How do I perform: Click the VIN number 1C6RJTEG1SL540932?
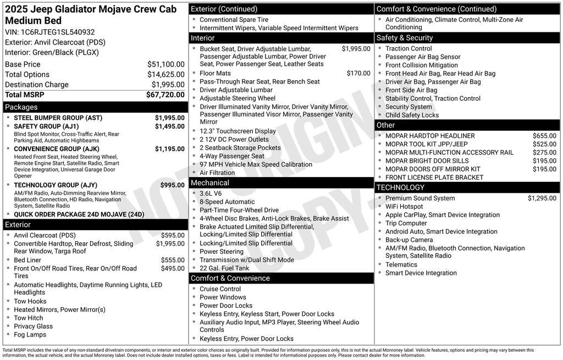pos(58,32)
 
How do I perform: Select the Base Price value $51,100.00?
pos(165,64)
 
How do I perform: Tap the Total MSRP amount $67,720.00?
pos(165,95)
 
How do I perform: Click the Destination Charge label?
pos(37,85)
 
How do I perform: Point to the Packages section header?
pos(21,107)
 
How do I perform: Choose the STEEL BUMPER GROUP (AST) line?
pos(58,118)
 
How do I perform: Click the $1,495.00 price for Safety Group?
pos(169,126)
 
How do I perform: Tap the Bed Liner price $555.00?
pos(173,261)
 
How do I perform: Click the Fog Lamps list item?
pos(30,335)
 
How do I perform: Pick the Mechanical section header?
pos(210,183)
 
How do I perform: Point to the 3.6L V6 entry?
pos(211,193)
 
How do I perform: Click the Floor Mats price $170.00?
pos(358,73)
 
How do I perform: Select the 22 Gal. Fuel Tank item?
pos(224,268)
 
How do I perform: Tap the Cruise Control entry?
pos(220,289)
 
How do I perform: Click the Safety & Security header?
pos(405,38)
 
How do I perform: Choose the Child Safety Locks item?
pos(412,115)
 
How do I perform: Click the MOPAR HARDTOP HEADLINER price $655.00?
pos(544,136)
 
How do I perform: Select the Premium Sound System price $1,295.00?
pos(542,198)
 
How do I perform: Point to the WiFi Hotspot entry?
pos(404,207)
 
